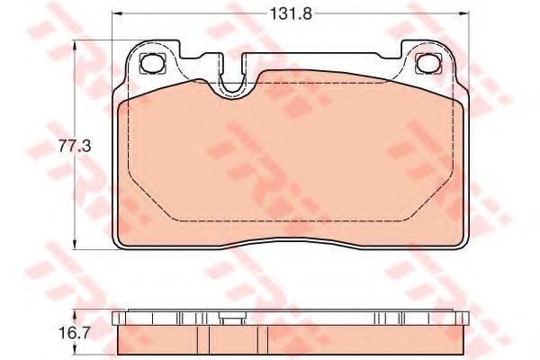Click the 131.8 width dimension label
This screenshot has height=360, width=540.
click(291, 14)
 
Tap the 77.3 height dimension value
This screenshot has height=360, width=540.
click(74, 146)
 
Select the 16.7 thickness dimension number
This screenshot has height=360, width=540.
click(74, 333)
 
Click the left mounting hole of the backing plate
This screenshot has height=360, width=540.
click(153, 63)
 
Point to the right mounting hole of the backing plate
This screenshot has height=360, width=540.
click(428, 63)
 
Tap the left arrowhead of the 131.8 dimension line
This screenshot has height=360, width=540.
click(117, 14)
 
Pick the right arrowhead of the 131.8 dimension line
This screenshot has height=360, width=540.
click(464, 14)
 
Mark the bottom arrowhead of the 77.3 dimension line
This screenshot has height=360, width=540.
click(75, 244)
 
